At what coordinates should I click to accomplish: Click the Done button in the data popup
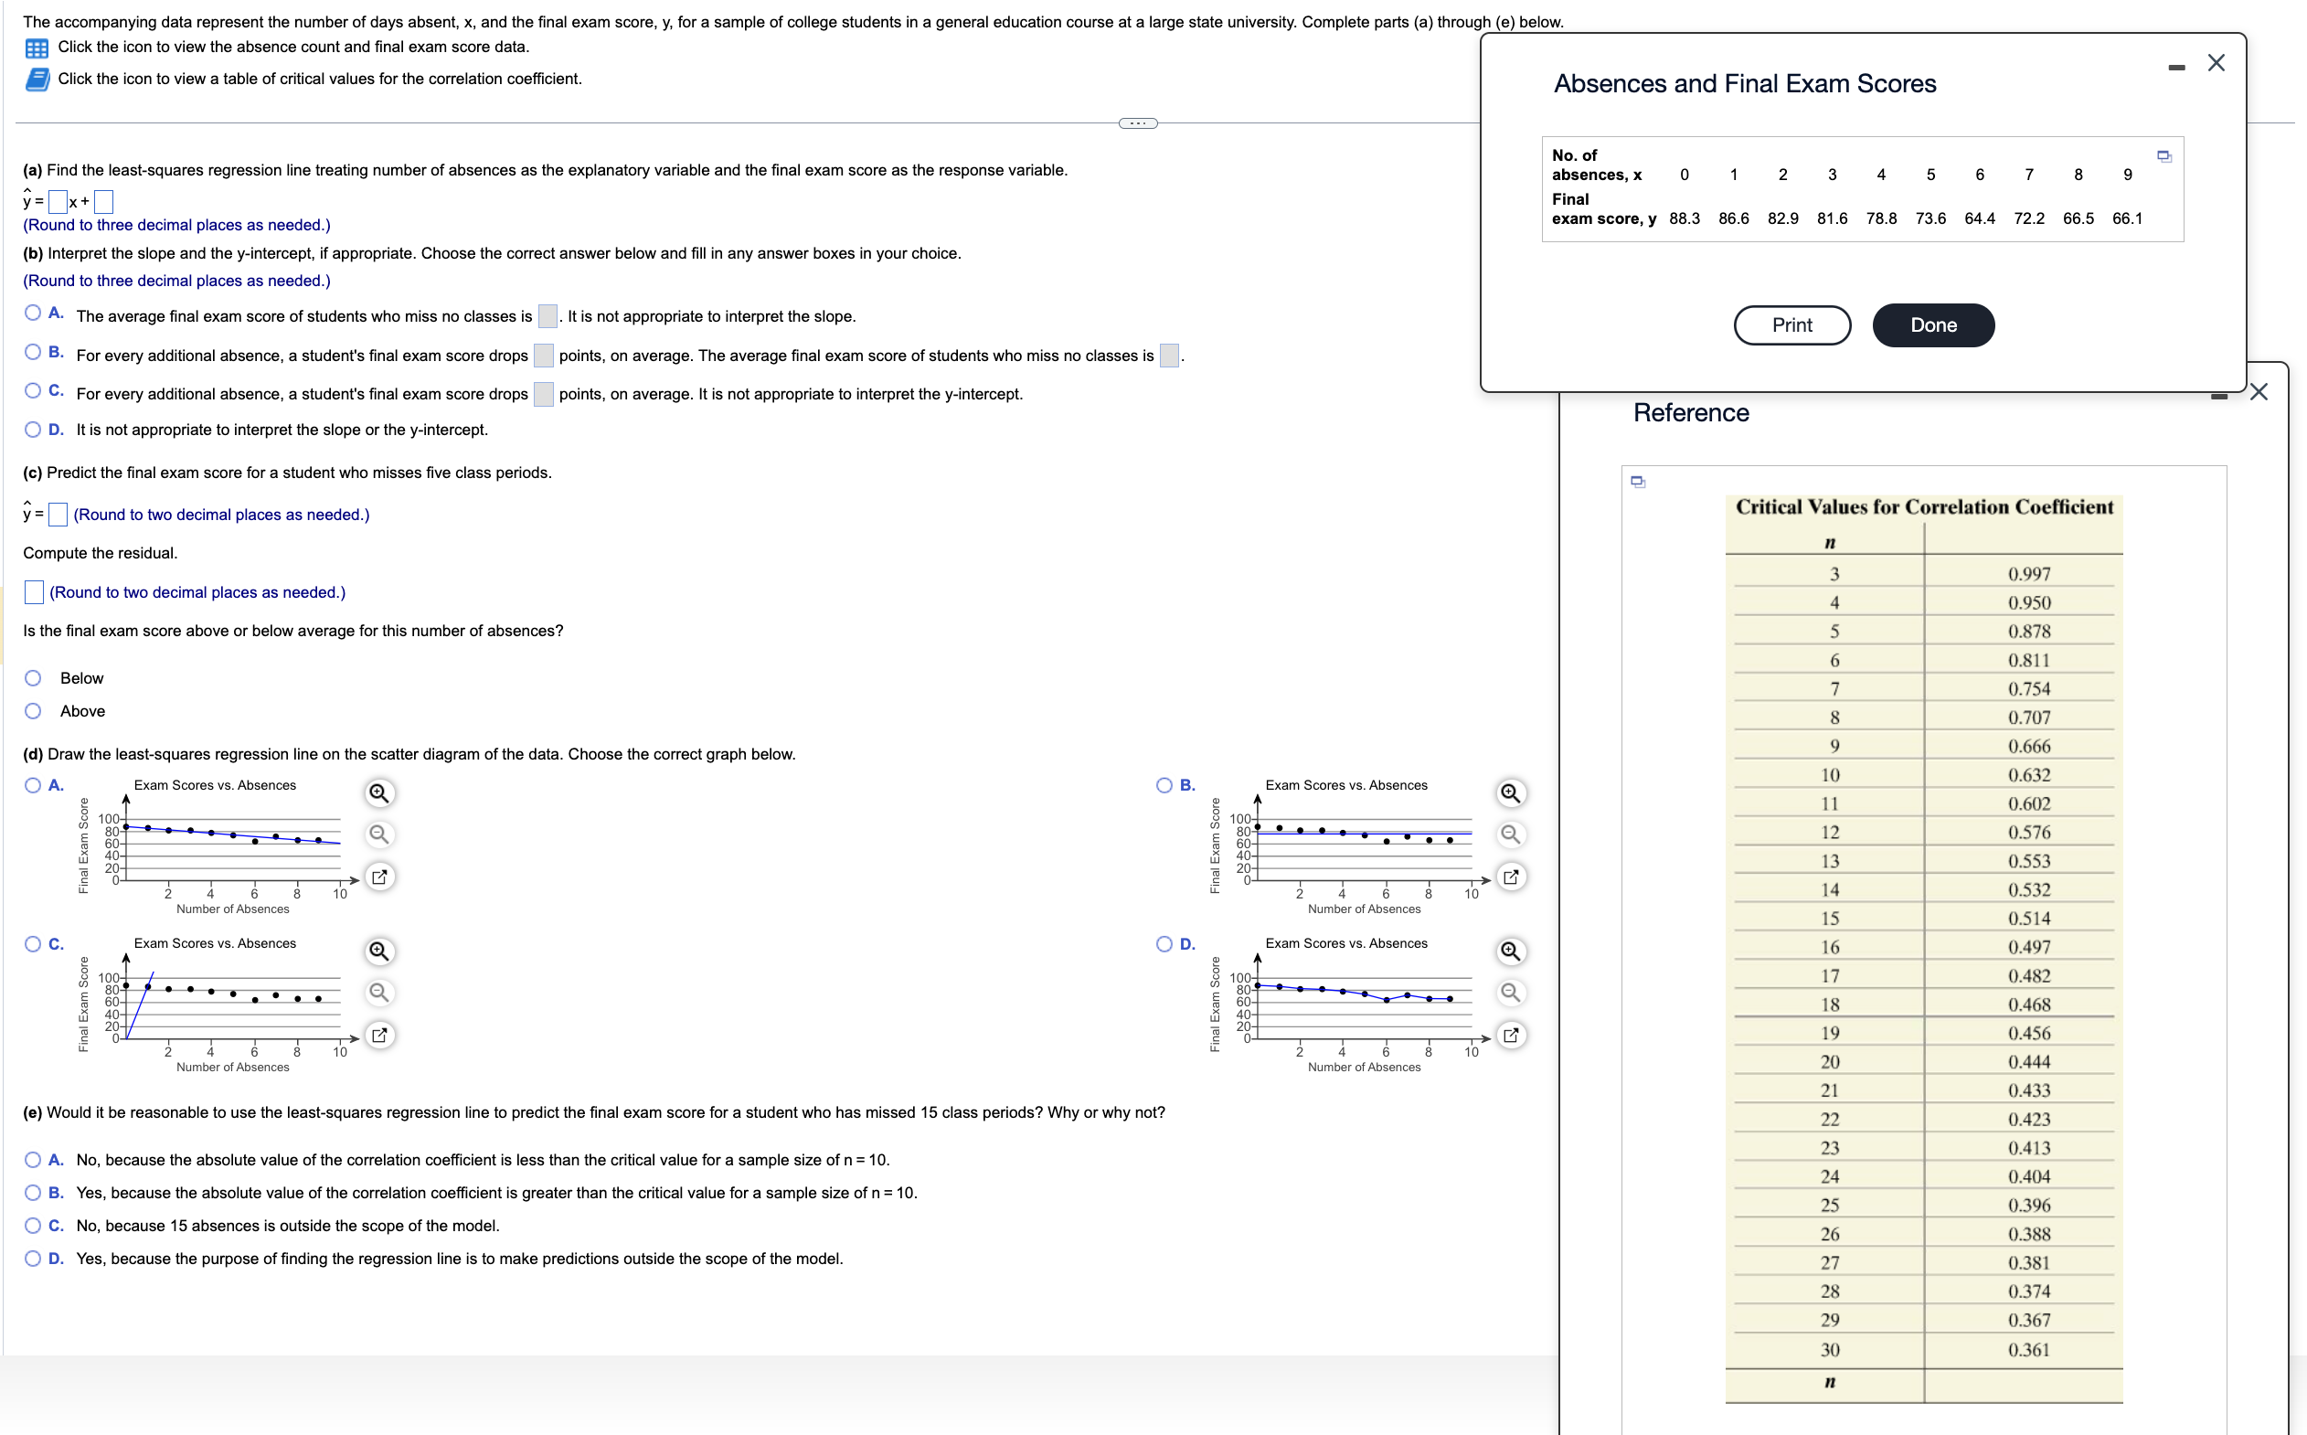1932,325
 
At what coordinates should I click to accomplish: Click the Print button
1791,325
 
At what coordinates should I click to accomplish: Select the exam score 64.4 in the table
1979,218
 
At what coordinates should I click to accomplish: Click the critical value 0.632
2028,775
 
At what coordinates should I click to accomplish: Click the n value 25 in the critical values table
1829,1206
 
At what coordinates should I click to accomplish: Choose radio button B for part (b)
33,352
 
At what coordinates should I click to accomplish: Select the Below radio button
33,677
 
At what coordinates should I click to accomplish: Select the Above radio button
33,711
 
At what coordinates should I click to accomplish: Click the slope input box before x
58,201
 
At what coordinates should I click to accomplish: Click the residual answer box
33,592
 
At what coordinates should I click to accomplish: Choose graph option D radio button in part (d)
1164,943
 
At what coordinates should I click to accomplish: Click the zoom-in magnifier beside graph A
378,792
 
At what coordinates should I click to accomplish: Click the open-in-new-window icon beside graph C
378,1035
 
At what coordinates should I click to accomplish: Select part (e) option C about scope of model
33,1226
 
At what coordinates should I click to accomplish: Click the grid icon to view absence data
37,48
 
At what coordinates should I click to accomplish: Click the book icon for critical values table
37,80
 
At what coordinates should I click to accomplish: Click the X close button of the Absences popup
2215,63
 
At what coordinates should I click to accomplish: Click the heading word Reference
1690,413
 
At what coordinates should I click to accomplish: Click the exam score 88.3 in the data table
1684,218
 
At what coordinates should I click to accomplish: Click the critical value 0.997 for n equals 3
2028,574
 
